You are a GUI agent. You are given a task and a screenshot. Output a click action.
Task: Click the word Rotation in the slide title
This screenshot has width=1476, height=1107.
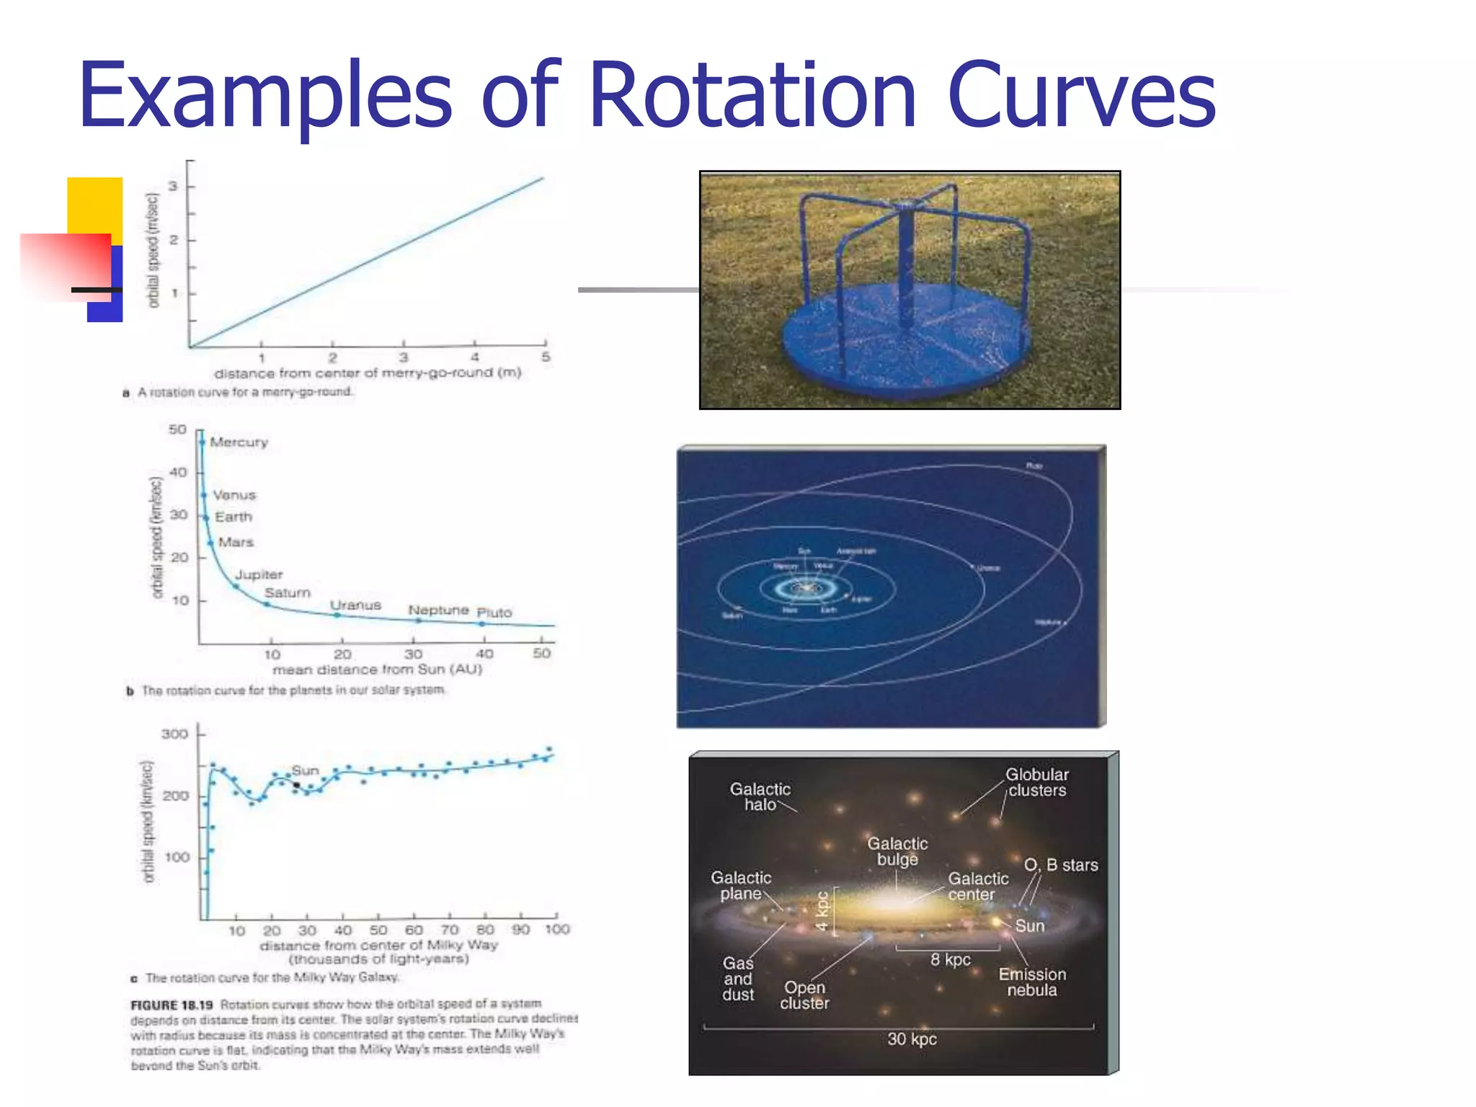point(752,96)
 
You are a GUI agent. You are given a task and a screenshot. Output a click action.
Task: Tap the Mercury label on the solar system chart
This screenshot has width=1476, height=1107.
point(239,442)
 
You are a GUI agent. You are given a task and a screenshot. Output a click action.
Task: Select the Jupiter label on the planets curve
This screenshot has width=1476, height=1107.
point(259,574)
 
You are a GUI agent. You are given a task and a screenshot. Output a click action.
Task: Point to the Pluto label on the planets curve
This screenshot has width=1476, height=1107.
point(494,613)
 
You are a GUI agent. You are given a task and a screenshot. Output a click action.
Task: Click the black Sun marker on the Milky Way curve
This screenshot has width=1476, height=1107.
point(296,786)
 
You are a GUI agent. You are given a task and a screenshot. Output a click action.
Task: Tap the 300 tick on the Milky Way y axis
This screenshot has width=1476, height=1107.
point(175,734)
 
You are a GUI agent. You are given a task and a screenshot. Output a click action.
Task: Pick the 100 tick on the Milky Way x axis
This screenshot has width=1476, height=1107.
point(557,930)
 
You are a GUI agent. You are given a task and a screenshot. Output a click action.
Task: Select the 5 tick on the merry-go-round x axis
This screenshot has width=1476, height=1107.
point(546,357)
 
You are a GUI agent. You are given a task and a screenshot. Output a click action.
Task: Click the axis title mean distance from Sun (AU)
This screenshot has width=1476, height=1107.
point(377,670)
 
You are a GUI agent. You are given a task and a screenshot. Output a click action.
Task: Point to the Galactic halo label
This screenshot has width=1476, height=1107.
point(760,797)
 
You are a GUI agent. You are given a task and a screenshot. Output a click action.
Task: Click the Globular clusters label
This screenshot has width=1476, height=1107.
point(1036,783)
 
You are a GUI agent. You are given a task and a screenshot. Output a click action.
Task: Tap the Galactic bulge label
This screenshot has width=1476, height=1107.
point(897,851)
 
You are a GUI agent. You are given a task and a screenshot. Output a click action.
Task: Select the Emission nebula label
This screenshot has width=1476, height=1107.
point(1032,982)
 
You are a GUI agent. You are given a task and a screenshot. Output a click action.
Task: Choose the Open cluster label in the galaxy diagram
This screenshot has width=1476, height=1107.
point(804,995)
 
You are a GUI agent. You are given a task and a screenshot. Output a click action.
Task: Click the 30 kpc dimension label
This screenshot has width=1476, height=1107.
point(912,1039)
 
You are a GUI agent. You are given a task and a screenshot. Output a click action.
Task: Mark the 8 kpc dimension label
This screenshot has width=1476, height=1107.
point(950,959)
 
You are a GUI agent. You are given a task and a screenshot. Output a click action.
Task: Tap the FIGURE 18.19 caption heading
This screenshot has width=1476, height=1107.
point(172,1005)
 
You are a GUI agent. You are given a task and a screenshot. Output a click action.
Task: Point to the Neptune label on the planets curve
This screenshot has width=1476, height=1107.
point(438,610)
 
